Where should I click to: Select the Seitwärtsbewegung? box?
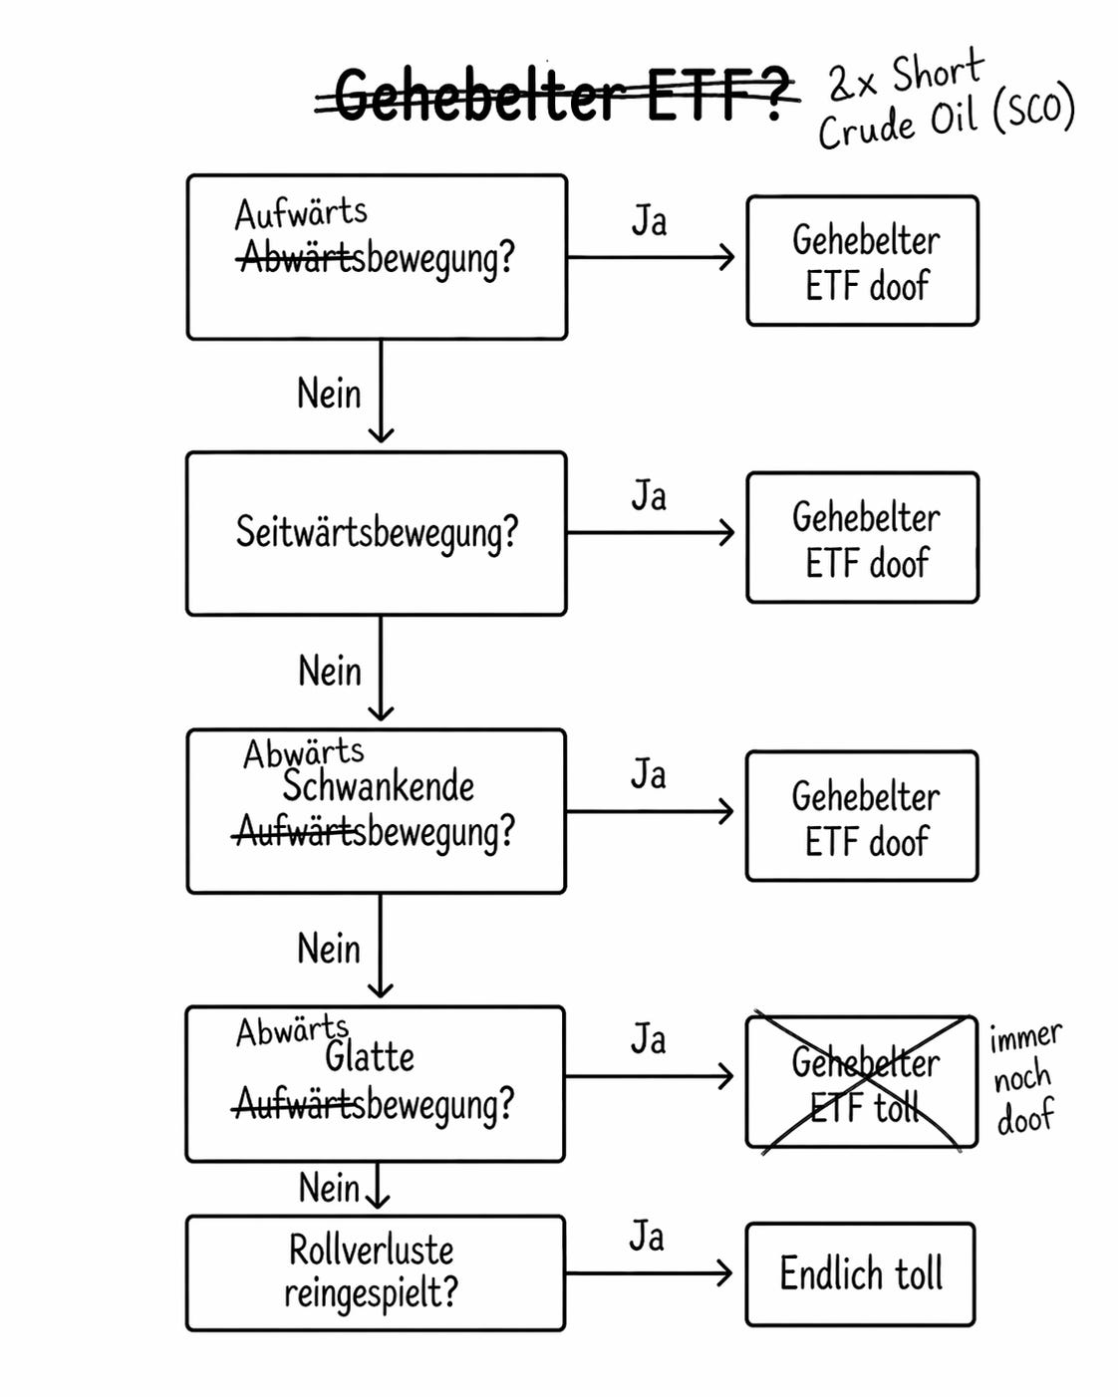[x=377, y=533]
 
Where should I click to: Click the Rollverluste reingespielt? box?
[x=375, y=1272]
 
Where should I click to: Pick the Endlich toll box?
[x=860, y=1273]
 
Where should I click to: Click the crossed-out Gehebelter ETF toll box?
[x=862, y=1082]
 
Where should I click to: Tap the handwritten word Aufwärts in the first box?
[x=301, y=212]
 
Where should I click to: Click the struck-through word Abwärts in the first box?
[x=297, y=259]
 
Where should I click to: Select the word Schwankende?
[x=378, y=786]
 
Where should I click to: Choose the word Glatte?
[x=369, y=1056]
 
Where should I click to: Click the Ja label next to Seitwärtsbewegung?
[x=649, y=496]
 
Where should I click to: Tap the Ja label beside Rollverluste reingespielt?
[x=647, y=1237]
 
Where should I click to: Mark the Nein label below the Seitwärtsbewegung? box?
[x=330, y=671]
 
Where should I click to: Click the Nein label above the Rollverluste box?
[x=329, y=1188]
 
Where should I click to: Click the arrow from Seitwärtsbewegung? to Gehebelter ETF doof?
[x=650, y=533]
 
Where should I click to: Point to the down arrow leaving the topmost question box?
[x=381, y=391]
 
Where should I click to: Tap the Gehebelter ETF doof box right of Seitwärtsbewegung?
[x=863, y=538]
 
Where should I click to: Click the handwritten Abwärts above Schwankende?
[x=303, y=752]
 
